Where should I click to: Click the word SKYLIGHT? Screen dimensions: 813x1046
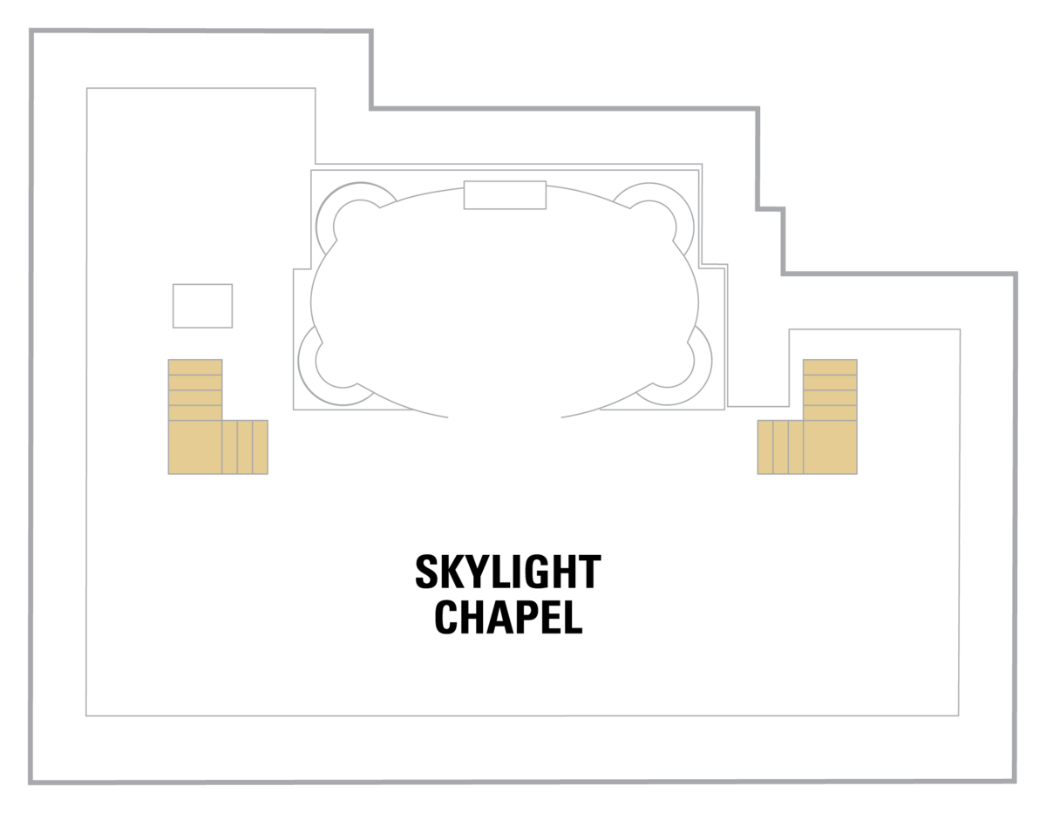coord(507,572)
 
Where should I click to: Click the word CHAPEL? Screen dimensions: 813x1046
coord(507,617)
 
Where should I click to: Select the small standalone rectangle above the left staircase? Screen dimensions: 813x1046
coord(202,306)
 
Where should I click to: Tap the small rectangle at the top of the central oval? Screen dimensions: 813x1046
coord(505,195)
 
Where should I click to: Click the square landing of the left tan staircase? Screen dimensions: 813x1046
coord(195,447)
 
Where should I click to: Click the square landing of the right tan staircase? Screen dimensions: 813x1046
coord(830,447)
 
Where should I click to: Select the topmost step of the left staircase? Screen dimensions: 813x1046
coord(195,367)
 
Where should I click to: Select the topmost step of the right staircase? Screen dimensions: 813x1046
coord(830,367)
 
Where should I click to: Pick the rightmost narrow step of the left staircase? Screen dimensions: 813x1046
coord(260,447)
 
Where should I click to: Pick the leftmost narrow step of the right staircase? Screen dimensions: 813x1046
coord(765,447)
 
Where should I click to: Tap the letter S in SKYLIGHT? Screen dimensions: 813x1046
coord(426,572)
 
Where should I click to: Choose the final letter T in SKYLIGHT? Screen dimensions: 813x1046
coord(590,572)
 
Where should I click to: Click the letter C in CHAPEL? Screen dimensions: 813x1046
coord(446,617)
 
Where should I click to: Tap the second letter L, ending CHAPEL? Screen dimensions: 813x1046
coord(572,617)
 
